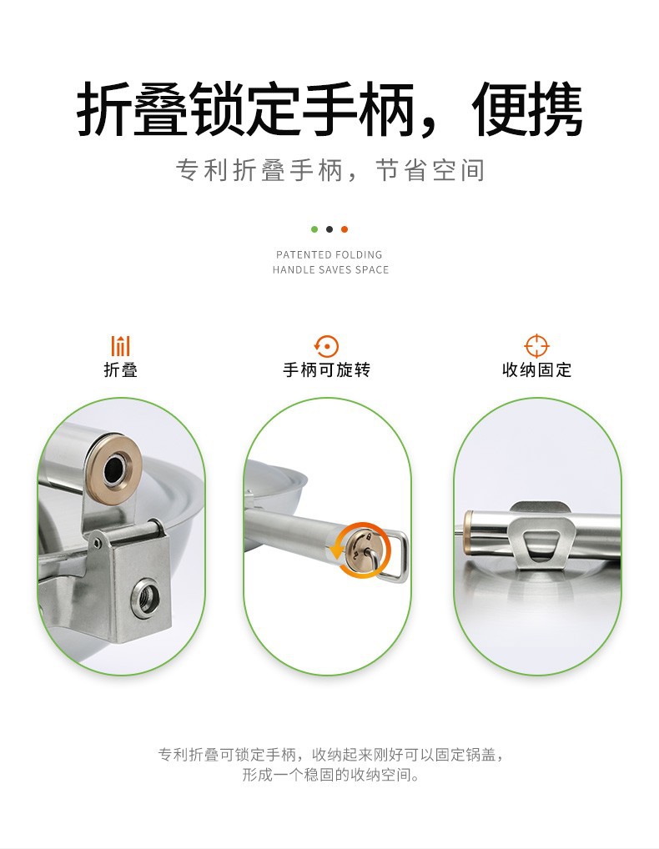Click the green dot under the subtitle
pyautogui.click(x=314, y=229)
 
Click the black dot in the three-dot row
pyautogui.click(x=329, y=229)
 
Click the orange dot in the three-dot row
pyautogui.click(x=345, y=229)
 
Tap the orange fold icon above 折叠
pyautogui.click(x=121, y=345)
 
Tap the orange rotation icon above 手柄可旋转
pyautogui.click(x=326, y=345)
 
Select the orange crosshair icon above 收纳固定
pyautogui.click(x=536, y=345)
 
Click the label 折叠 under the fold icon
pyautogui.click(x=121, y=370)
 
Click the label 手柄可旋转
pyautogui.click(x=326, y=370)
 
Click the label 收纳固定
pyautogui.click(x=536, y=370)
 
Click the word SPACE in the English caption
pyautogui.click(x=372, y=270)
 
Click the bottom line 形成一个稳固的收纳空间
pyautogui.click(x=330, y=776)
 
